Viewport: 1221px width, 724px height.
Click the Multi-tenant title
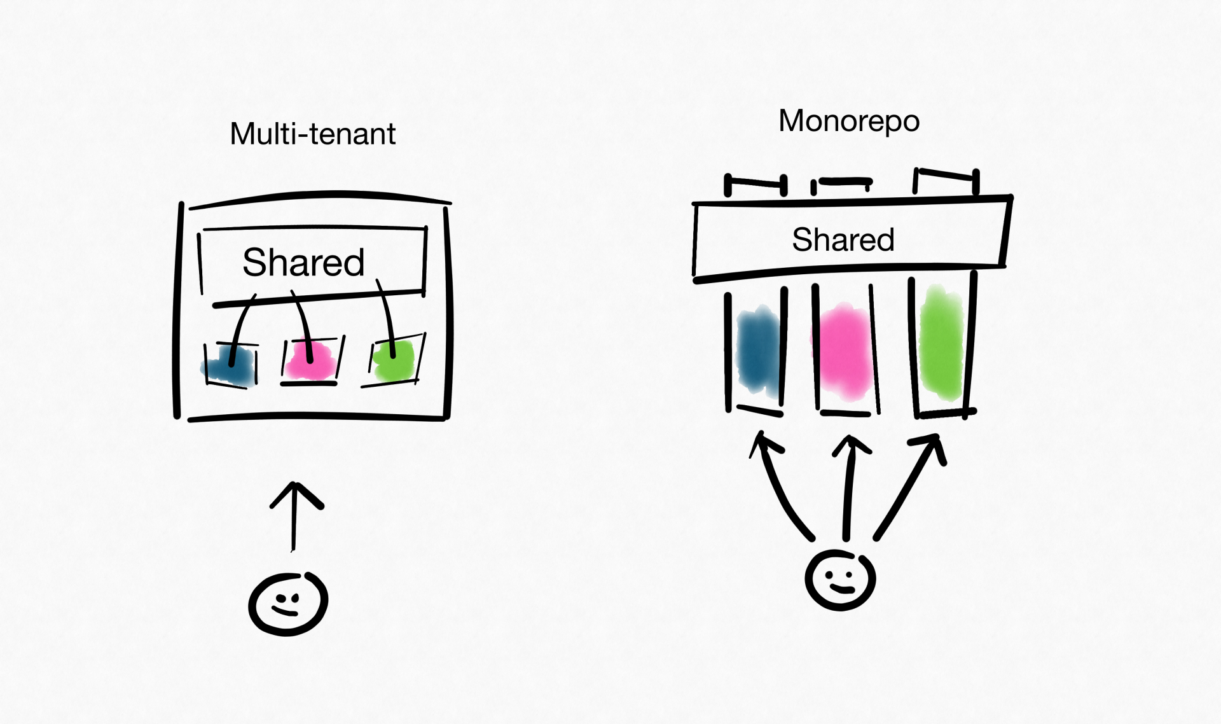[x=312, y=134]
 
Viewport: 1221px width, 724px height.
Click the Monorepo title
[x=848, y=121]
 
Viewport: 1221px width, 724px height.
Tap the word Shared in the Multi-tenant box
[x=303, y=262]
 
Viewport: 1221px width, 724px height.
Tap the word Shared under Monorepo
[x=843, y=240]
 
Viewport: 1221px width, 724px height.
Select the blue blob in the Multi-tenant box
[x=230, y=366]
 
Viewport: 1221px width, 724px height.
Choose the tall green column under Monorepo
[x=941, y=344]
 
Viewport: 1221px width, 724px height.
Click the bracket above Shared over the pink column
[x=843, y=183]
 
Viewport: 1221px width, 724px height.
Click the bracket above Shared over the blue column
[x=755, y=183]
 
